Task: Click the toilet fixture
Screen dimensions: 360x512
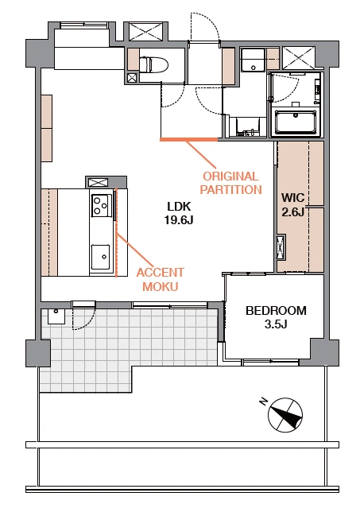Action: click(153, 64)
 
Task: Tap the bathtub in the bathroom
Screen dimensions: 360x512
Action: click(296, 122)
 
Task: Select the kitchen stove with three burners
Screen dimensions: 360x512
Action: click(100, 205)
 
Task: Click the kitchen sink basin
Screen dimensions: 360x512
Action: click(101, 257)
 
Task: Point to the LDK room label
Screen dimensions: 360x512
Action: click(179, 207)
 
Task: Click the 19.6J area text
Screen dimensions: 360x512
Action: click(179, 220)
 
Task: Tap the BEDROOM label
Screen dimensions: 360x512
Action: click(276, 311)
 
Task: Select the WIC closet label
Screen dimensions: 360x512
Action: click(292, 198)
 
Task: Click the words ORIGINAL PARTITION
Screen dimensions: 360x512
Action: click(230, 183)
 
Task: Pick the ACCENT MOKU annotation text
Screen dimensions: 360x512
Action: click(160, 280)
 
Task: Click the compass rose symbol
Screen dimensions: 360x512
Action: click(285, 415)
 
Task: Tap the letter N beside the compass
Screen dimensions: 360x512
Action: click(264, 401)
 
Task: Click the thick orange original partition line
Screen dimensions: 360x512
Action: click(188, 139)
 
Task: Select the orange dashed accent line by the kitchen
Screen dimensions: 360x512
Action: click(117, 233)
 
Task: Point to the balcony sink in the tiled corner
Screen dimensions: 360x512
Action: click(56, 316)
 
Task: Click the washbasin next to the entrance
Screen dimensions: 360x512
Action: click(253, 60)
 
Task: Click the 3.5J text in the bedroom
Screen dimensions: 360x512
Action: click(276, 324)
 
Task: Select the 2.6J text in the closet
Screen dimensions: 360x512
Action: click(292, 212)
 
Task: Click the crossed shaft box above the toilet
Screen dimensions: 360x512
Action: click(145, 32)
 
